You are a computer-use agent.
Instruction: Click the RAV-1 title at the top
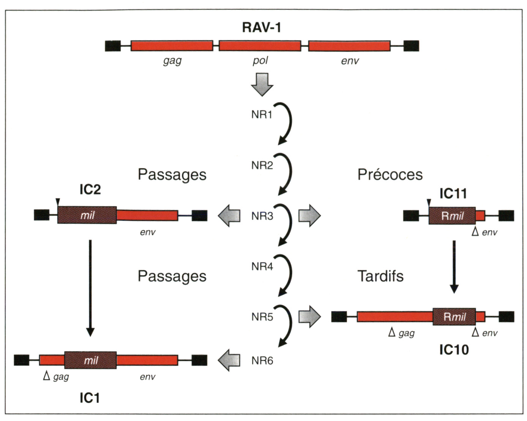click(x=262, y=27)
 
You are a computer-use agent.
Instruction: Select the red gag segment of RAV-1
click(x=172, y=46)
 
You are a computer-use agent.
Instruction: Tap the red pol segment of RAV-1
click(x=260, y=46)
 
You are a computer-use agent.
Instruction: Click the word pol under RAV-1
click(x=260, y=60)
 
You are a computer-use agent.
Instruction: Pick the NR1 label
click(x=262, y=114)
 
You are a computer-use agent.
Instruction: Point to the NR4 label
click(x=262, y=267)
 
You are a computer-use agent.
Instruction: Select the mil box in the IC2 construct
click(x=87, y=215)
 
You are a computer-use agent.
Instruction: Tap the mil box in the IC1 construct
click(x=90, y=360)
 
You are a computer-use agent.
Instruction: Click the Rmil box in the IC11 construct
click(x=452, y=216)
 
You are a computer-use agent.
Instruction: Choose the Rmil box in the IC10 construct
click(x=454, y=317)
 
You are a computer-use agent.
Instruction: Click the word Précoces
click(x=390, y=174)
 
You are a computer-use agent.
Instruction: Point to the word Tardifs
click(x=380, y=276)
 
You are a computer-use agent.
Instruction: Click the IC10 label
click(x=454, y=350)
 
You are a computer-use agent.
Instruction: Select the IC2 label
click(x=90, y=189)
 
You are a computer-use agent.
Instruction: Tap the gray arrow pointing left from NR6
click(x=229, y=360)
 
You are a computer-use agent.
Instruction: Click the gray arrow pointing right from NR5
click(x=309, y=317)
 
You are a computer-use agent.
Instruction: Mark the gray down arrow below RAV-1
click(x=262, y=84)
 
